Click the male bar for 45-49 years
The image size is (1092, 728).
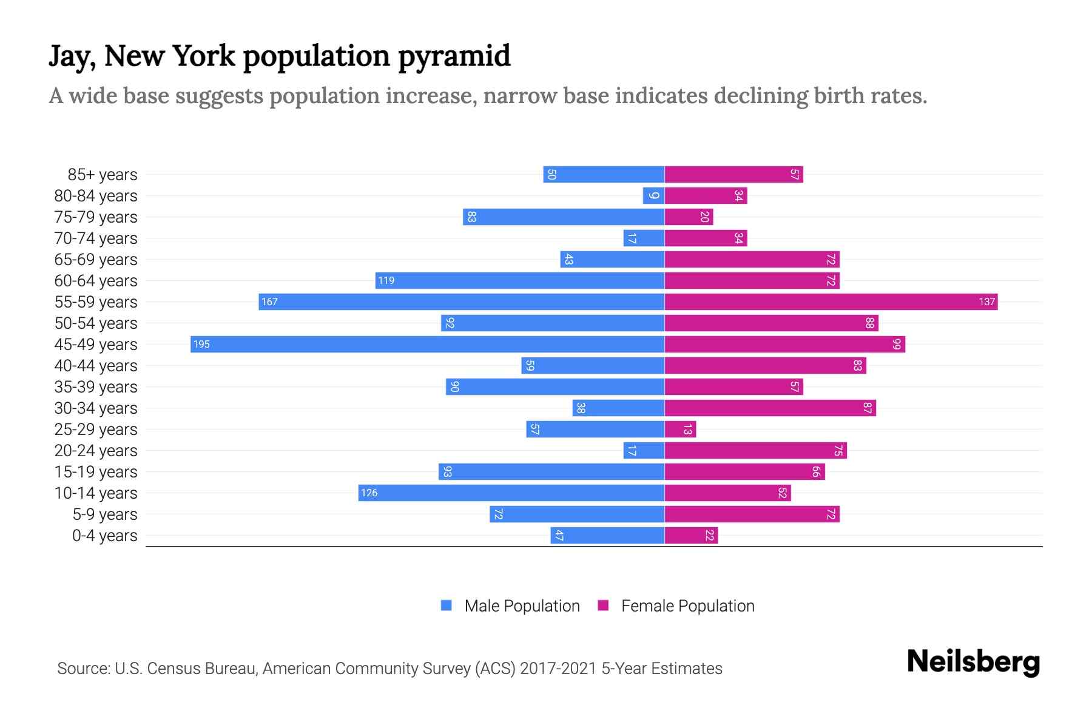point(427,344)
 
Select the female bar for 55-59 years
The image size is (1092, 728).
point(831,302)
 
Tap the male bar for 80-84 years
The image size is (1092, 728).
point(653,195)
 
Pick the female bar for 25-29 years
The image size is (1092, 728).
point(680,429)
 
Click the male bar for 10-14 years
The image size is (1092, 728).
point(511,493)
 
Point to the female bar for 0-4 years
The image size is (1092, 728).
point(691,535)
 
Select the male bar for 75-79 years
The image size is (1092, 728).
point(563,217)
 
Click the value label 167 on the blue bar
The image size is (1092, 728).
point(269,302)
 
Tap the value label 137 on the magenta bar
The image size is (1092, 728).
point(986,302)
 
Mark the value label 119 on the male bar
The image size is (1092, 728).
point(386,280)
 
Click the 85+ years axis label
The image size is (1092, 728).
point(102,175)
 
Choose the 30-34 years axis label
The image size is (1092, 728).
point(95,408)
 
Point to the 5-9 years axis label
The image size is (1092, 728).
point(104,514)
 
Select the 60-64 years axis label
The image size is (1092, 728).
point(95,281)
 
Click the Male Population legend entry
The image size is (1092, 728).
point(521,605)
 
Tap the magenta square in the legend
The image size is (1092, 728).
point(603,605)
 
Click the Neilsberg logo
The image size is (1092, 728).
point(973,662)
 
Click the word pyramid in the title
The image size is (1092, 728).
point(454,56)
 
